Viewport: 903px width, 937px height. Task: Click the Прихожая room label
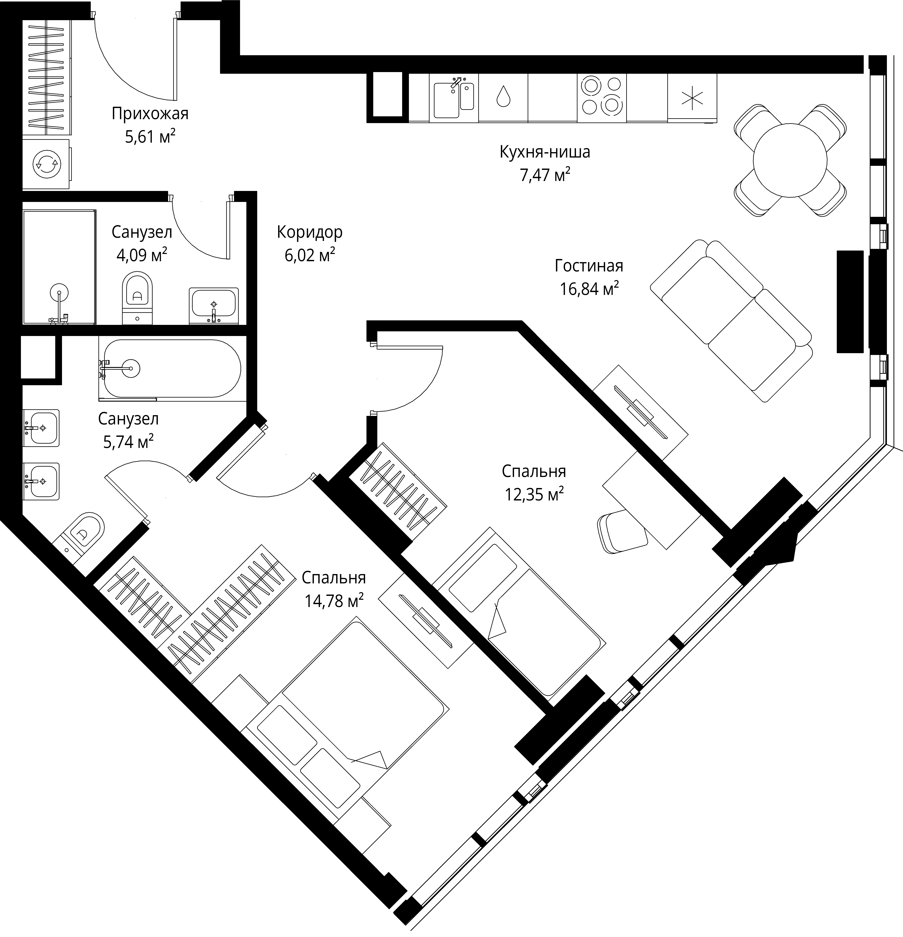pos(150,114)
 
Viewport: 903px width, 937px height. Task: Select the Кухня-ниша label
pos(545,152)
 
